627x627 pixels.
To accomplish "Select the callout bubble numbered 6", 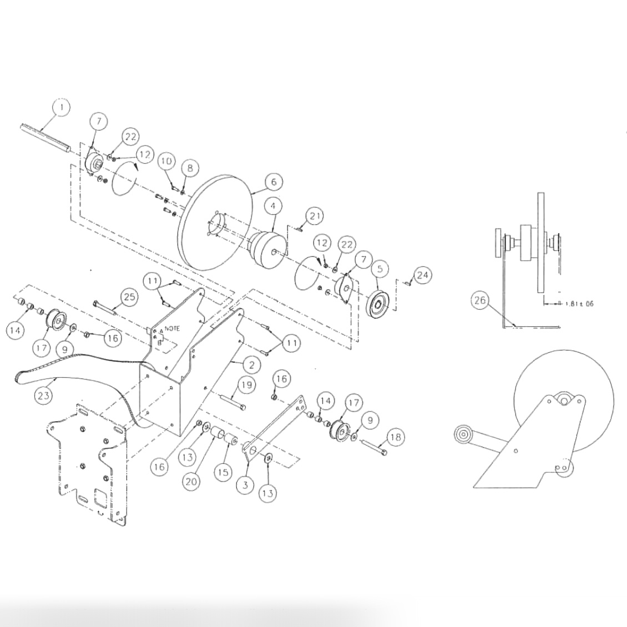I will pos(273,181).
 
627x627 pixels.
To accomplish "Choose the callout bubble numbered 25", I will pos(129,297).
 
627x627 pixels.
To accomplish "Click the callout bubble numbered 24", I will pos(423,275).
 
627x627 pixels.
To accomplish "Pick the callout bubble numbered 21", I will pos(315,216).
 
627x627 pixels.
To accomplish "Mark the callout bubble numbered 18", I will pos(395,437).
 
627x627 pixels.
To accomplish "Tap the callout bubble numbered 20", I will pos(192,482).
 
